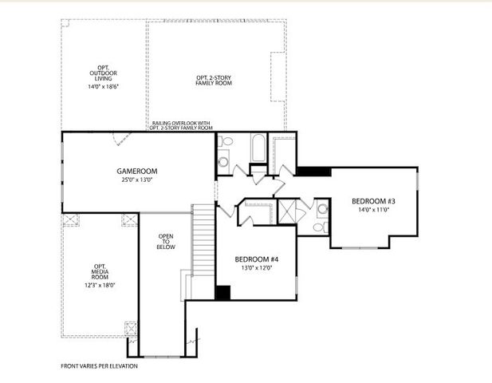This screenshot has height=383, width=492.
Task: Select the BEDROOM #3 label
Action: point(373,201)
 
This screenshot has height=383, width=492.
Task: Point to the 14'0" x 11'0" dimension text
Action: point(373,210)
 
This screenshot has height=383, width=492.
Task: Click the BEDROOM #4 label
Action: point(256,259)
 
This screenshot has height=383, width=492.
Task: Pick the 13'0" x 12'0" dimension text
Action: point(256,268)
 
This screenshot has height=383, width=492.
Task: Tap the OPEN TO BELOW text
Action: point(166,242)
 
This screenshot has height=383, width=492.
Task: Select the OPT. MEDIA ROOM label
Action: point(100,272)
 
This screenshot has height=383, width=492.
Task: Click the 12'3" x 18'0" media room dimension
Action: point(100,285)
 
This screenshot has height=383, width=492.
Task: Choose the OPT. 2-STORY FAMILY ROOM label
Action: point(215,80)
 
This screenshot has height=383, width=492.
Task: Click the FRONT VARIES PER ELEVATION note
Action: point(99,366)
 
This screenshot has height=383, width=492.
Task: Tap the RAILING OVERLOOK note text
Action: point(181,125)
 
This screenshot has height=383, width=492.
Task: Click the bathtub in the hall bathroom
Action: point(257,149)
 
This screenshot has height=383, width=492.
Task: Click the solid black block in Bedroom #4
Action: point(223,293)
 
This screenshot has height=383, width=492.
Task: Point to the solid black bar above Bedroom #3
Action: point(314,172)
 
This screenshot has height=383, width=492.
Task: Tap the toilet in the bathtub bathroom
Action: point(226,143)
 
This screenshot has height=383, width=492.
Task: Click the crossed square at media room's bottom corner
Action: point(131,328)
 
